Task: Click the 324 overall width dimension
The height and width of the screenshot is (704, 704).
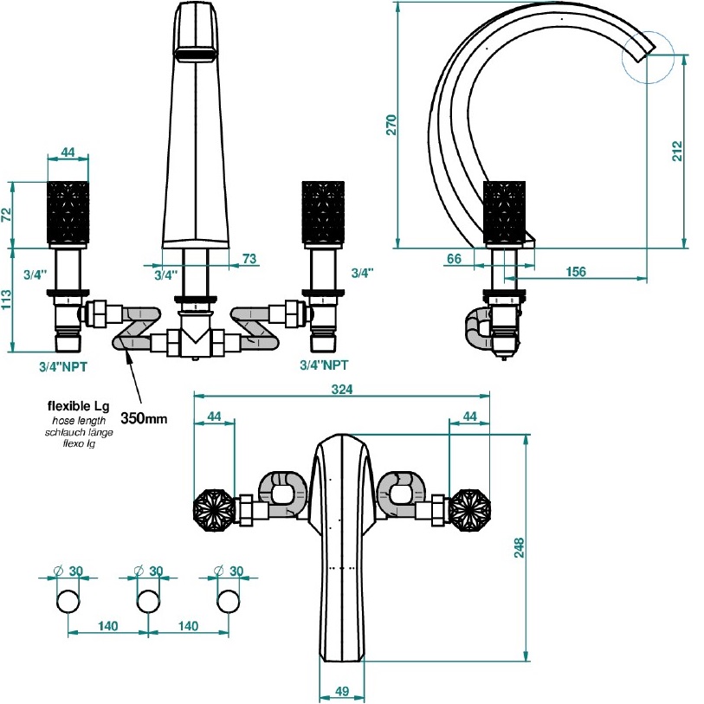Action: tap(343, 390)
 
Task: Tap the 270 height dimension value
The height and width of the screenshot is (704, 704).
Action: tap(391, 125)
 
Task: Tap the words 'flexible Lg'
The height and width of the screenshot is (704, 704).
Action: tap(77, 405)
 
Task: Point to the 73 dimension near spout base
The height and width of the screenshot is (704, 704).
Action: tap(249, 260)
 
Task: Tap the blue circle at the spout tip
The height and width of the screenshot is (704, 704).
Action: tap(647, 58)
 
